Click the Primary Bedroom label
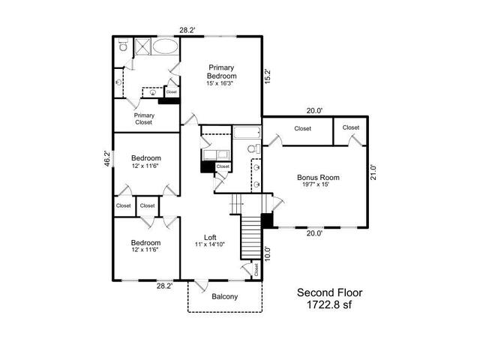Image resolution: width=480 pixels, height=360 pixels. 222,72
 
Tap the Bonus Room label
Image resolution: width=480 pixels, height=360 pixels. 318,177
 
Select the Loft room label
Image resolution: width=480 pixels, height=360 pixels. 210,237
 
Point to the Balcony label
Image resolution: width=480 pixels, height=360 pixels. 225,297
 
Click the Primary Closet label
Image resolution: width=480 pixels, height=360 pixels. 144,118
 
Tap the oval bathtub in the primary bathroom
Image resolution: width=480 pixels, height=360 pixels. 165,46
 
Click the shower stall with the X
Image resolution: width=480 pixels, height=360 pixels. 142,46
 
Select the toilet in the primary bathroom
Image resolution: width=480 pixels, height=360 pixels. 123,45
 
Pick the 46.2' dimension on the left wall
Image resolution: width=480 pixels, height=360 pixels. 106,158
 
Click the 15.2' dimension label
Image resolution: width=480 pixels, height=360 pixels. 267,76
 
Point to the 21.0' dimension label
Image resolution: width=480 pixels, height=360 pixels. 373,172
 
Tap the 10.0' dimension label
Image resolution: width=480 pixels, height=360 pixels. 267,253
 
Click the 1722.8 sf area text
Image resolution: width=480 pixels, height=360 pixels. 329,304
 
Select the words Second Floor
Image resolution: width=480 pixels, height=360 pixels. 329,292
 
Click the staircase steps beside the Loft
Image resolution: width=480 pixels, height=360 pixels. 251,238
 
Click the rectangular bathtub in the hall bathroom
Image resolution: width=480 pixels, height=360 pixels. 247,133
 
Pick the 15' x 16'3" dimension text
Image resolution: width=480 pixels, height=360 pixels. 220,83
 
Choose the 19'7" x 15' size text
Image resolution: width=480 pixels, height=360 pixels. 316,184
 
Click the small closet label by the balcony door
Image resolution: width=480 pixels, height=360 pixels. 256,270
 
